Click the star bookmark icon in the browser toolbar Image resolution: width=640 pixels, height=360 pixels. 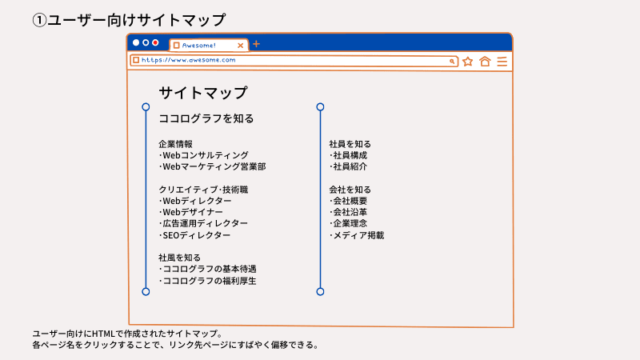tap(468, 61)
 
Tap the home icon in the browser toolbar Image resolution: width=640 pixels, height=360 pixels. tap(485, 61)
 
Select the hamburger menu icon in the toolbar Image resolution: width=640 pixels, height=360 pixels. tap(502, 61)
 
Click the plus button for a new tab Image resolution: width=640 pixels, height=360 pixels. tap(256, 44)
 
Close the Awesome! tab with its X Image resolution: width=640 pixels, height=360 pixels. tap(241, 46)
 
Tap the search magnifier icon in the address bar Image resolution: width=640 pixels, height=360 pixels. tap(452, 61)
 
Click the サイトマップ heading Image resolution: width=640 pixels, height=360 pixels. tap(203, 93)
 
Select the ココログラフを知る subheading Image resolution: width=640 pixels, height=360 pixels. tap(206, 118)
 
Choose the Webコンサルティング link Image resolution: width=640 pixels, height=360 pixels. tap(205, 155)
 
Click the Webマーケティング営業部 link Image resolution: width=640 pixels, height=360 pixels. tap(214, 166)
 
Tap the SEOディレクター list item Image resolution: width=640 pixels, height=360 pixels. tap(196, 235)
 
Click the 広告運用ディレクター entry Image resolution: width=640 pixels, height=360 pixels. tap(205, 223)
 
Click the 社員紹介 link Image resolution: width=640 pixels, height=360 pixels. tap(350, 166)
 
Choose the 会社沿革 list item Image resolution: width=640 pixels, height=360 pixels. tap(350, 212)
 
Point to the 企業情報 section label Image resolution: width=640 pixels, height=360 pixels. tap(176, 144)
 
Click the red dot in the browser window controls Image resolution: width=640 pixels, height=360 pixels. tap(155, 42)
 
